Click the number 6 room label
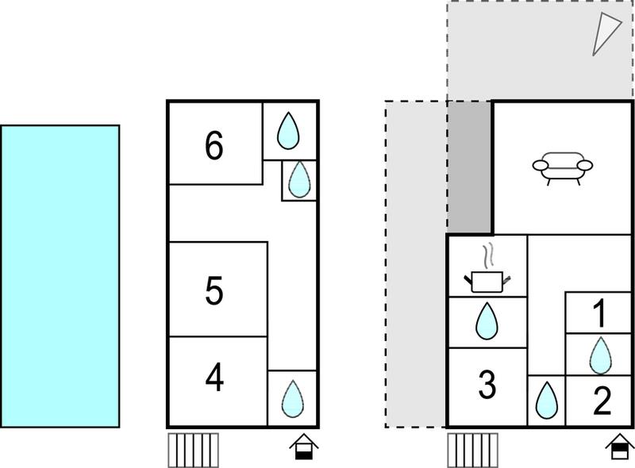point(214,145)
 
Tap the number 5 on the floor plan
point(214,290)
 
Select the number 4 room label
point(214,377)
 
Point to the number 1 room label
point(600,313)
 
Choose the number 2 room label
point(602,401)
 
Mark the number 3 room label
point(487,384)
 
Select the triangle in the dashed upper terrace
point(606,34)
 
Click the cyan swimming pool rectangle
point(60,276)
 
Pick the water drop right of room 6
point(288,130)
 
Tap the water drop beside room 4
point(292,399)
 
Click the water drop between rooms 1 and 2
point(601,355)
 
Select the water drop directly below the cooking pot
point(487,321)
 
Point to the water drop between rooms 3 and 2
point(547,400)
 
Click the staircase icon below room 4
point(193,451)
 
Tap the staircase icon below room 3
point(472,451)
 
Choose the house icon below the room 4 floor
point(304,447)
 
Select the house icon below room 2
point(620,447)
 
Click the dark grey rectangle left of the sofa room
point(469,167)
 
